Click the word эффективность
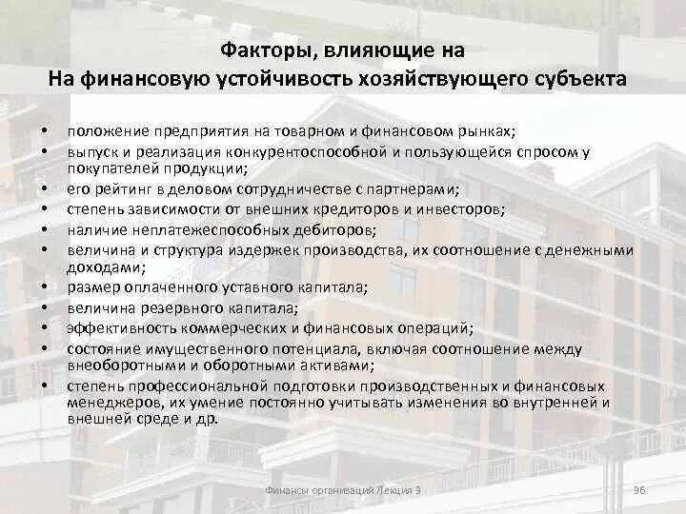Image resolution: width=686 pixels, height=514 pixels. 115,327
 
